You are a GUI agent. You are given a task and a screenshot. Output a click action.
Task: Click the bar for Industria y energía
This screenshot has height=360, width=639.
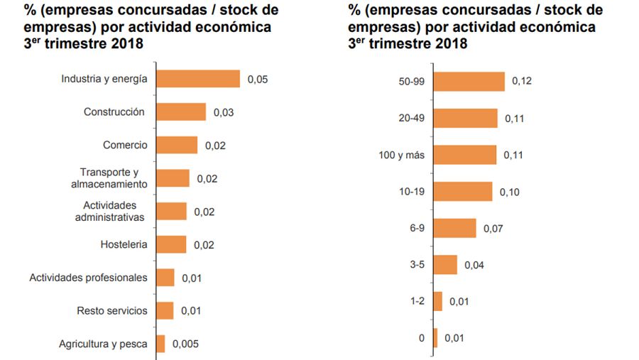(197, 79)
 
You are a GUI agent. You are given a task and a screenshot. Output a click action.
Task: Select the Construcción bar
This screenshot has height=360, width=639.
(180, 112)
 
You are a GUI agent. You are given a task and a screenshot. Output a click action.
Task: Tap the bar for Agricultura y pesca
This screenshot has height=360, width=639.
(160, 344)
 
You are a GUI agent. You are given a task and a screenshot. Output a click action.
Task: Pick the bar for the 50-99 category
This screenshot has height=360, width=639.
(469, 82)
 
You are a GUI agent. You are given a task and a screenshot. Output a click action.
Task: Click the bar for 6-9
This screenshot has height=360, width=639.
(454, 229)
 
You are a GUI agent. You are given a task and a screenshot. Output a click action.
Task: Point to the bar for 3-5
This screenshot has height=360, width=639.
(445, 265)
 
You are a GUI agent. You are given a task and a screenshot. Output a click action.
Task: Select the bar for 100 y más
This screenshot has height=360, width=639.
(464, 155)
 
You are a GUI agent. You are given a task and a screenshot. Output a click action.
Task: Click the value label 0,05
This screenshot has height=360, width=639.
(257, 80)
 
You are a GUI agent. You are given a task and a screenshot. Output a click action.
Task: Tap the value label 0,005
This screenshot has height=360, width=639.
(185, 344)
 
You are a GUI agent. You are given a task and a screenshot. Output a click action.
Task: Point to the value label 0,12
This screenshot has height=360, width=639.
(522, 82)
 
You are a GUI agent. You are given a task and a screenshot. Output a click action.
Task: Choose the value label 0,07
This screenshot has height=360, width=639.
(493, 229)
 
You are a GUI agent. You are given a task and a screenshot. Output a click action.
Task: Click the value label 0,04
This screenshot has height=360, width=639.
(474, 266)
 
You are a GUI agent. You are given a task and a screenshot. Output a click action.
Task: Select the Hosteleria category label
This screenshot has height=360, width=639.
(124, 245)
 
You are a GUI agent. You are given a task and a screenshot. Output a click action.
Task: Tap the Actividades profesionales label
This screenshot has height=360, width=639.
(88, 278)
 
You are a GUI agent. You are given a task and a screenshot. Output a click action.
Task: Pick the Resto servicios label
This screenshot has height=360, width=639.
(112, 311)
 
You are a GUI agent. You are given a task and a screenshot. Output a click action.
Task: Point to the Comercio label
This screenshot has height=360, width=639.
(125, 146)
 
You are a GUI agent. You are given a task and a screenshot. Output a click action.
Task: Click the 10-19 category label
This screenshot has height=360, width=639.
(412, 192)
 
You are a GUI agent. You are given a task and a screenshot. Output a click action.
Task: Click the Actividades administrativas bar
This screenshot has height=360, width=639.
(171, 212)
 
